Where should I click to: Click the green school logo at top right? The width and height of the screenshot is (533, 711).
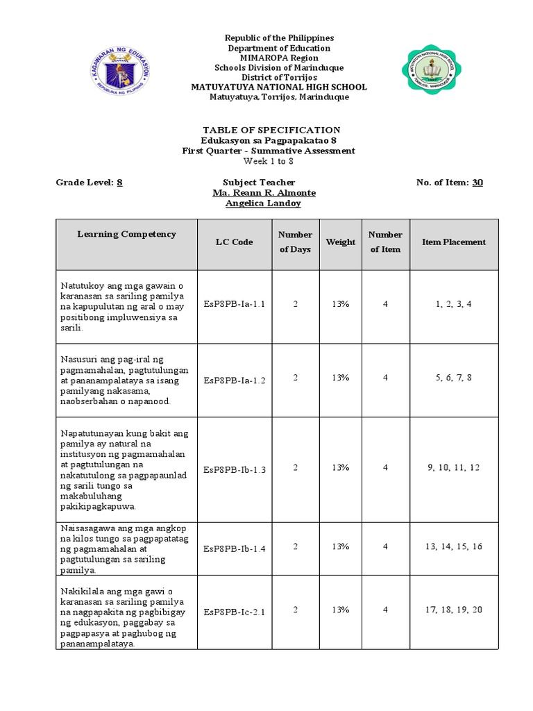pyautogui.click(x=433, y=71)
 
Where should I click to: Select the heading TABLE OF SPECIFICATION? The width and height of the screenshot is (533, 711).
pyautogui.click(x=271, y=130)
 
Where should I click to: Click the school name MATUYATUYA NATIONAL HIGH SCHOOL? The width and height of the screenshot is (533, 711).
pyautogui.click(x=279, y=87)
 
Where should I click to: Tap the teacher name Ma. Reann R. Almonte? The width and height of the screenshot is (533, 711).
pyautogui.click(x=264, y=192)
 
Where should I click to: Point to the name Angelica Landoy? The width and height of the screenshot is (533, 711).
pyautogui.click(x=264, y=203)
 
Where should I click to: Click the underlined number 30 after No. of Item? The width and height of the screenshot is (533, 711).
pyautogui.click(x=477, y=183)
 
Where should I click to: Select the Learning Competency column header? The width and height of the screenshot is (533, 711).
pyautogui.click(x=126, y=234)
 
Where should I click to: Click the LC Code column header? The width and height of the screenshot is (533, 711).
pyautogui.click(x=234, y=242)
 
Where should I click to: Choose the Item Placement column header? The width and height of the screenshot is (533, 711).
pyautogui.click(x=454, y=242)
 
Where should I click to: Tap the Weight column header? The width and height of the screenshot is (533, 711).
pyautogui.click(x=341, y=242)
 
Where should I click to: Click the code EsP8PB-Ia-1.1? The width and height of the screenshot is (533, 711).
pyautogui.click(x=235, y=304)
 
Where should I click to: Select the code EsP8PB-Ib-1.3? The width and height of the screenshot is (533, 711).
pyautogui.click(x=235, y=469)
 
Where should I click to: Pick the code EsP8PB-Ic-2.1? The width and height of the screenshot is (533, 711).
pyautogui.click(x=235, y=612)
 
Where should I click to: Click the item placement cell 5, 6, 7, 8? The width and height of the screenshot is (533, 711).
pyautogui.click(x=454, y=378)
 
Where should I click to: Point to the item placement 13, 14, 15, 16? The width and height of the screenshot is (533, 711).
pyautogui.click(x=454, y=547)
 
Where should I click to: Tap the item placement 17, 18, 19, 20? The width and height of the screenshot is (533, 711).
pyautogui.click(x=454, y=610)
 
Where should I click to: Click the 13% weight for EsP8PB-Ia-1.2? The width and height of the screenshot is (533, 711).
pyautogui.click(x=341, y=378)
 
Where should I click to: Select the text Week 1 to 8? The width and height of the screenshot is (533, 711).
pyautogui.click(x=269, y=161)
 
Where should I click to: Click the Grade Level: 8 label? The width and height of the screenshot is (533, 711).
pyautogui.click(x=90, y=183)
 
